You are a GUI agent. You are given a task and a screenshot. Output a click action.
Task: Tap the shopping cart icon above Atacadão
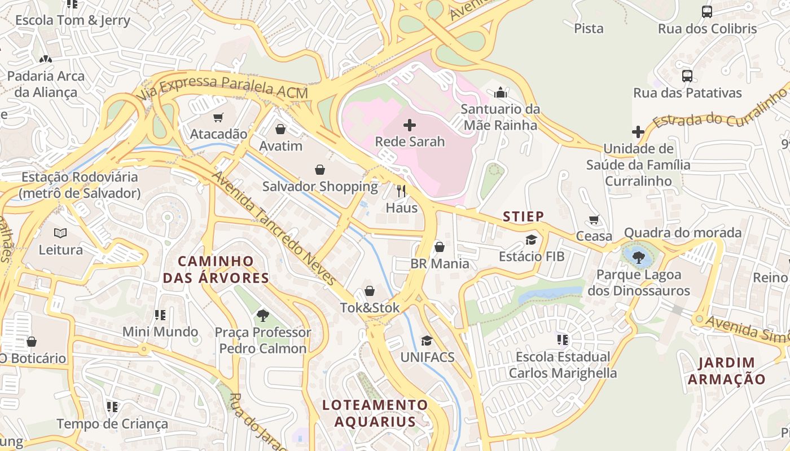click(218, 117)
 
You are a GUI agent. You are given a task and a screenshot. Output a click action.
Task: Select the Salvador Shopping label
click(320, 186)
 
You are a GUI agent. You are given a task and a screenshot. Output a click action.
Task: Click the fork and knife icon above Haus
click(401, 191)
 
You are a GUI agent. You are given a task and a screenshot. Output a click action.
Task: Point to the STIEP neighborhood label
click(523, 216)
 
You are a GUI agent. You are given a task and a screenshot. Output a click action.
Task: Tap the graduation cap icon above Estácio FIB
click(531, 240)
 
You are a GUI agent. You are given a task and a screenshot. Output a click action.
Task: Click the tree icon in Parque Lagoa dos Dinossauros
click(639, 258)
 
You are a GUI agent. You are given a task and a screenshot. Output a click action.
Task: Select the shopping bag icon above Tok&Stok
click(370, 291)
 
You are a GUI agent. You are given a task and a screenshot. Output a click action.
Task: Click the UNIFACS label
click(427, 357)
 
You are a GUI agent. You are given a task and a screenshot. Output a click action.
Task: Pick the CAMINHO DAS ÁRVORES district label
click(216, 269)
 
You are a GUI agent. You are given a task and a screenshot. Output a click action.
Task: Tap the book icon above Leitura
click(60, 233)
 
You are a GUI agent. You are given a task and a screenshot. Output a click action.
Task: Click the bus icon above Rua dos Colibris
click(706, 11)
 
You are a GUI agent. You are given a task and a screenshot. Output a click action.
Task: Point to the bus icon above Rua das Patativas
click(687, 76)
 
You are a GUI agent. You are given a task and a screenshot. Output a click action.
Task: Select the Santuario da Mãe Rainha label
click(500, 117)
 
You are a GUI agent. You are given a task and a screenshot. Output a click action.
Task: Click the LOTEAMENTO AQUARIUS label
click(375, 413)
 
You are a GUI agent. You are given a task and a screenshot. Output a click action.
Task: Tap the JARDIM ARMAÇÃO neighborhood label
click(726, 370)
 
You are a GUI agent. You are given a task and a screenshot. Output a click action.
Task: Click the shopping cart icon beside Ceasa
click(594, 219)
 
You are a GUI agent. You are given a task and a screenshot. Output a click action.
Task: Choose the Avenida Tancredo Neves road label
click(274, 228)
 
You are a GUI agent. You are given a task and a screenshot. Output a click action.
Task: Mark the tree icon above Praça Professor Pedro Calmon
click(262, 316)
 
